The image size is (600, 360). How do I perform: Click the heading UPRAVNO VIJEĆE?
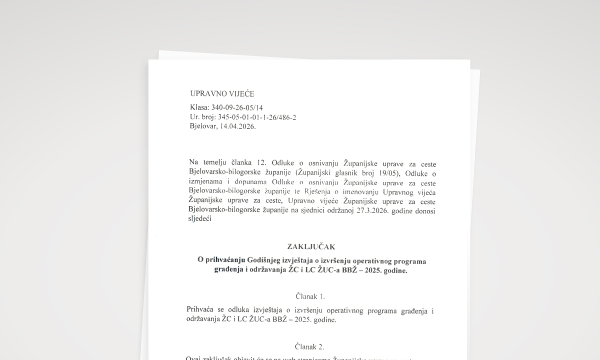(222, 93)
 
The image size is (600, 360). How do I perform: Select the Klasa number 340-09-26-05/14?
(237, 107)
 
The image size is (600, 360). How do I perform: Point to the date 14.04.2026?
(237, 126)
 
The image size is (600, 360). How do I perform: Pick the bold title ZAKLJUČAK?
(311, 246)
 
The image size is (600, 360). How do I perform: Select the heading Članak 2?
(309, 346)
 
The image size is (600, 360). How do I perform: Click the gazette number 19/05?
(390, 173)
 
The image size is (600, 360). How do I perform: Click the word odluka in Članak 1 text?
(230, 310)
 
